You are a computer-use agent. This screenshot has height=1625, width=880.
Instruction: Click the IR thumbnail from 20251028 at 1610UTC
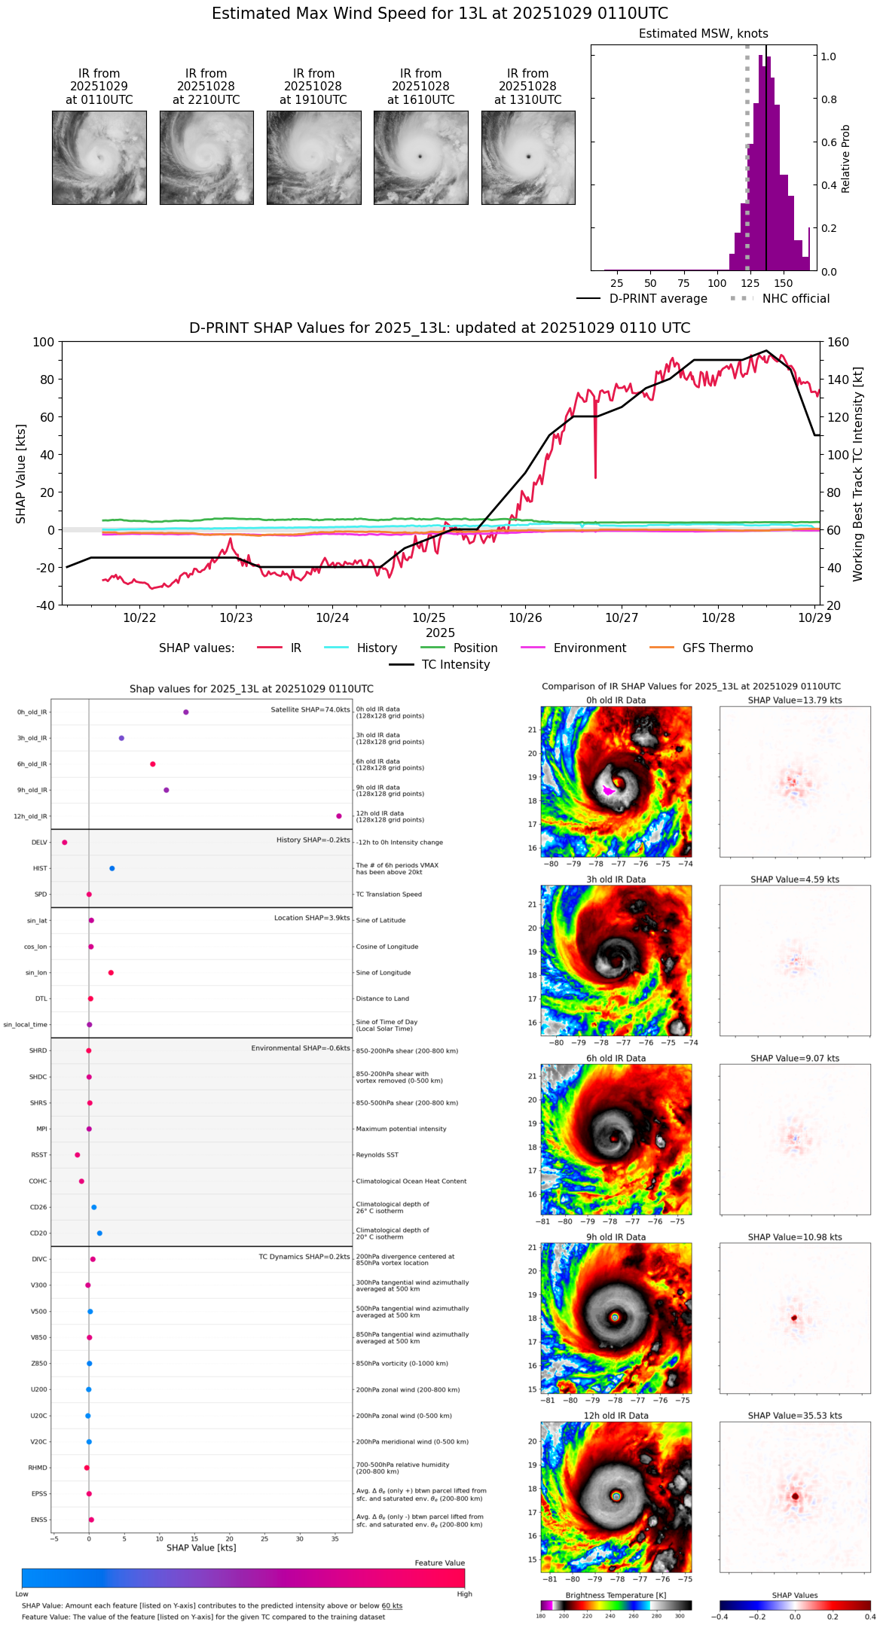(420, 157)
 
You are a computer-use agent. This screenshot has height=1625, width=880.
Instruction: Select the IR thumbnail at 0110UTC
(99, 157)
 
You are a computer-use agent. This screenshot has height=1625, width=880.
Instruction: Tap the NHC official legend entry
(796, 299)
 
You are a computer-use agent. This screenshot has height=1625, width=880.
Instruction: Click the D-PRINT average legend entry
(658, 299)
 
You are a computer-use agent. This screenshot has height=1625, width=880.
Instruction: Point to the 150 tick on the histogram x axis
(784, 284)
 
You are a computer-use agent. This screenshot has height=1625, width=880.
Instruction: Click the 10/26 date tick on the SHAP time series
(525, 618)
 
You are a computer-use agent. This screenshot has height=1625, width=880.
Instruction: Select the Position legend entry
(475, 648)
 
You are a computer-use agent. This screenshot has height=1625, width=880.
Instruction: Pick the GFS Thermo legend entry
(717, 648)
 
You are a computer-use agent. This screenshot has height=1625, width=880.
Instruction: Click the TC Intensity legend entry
(455, 665)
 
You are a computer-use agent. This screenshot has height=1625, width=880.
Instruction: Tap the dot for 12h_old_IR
(339, 816)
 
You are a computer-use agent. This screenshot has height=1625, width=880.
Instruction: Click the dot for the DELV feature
(65, 843)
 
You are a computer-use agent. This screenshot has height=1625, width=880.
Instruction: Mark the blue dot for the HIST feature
(112, 868)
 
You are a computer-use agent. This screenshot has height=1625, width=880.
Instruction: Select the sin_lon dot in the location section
(111, 973)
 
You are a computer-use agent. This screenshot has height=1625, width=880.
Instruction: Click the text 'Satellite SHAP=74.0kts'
(310, 710)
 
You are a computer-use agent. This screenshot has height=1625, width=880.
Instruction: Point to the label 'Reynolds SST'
(377, 1155)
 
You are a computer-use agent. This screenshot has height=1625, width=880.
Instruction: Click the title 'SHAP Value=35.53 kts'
(795, 1416)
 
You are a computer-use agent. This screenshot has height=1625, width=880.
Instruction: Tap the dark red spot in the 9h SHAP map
(794, 1318)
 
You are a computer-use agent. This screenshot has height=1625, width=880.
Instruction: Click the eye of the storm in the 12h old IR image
(616, 1496)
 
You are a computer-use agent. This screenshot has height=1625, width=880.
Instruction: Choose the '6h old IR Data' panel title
(616, 1058)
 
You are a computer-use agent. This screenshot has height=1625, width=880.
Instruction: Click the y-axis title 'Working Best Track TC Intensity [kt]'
(858, 474)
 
